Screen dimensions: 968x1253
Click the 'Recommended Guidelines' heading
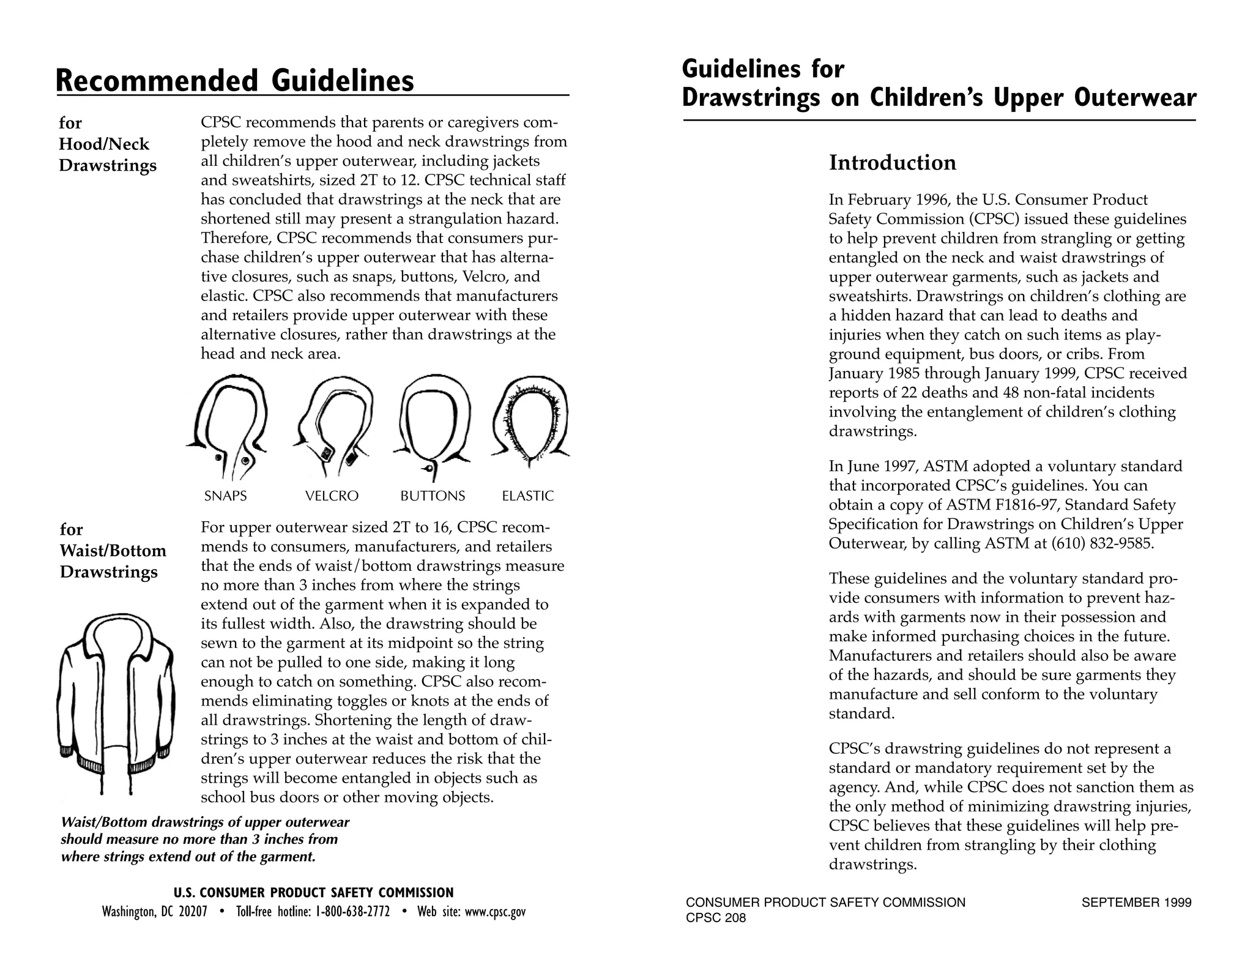click(x=235, y=81)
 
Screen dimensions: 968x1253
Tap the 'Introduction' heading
click(x=892, y=163)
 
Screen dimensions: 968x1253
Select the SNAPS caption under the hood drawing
click(x=225, y=496)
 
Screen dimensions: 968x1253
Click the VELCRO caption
click(x=332, y=496)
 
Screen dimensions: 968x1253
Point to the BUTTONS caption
click(x=433, y=496)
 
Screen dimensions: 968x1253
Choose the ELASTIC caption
click(x=527, y=496)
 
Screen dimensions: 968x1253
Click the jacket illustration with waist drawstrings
click(x=116, y=704)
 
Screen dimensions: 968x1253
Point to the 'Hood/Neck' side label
click(x=104, y=144)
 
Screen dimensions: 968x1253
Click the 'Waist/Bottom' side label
click(x=113, y=551)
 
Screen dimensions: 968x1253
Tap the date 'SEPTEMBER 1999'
click(x=1136, y=903)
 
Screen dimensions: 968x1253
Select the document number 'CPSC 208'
click(x=716, y=918)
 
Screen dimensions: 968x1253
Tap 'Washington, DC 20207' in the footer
click(x=155, y=912)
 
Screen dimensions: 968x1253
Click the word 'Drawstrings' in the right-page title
click(x=751, y=98)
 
